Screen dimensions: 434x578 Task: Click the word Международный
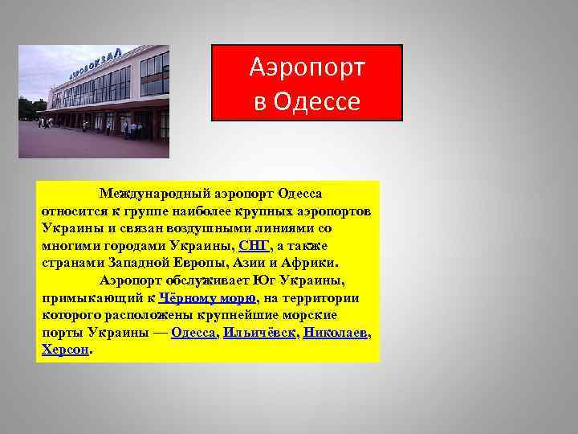pyautogui.click(x=147, y=193)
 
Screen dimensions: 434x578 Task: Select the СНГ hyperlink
pyautogui.click(x=254, y=245)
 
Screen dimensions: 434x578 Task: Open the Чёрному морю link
pyautogui.click(x=207, y=297)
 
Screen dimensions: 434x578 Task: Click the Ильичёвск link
pyautogui.click(x=259, y=332)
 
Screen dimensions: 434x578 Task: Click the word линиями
pyautogui.click(x=289, y=227)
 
